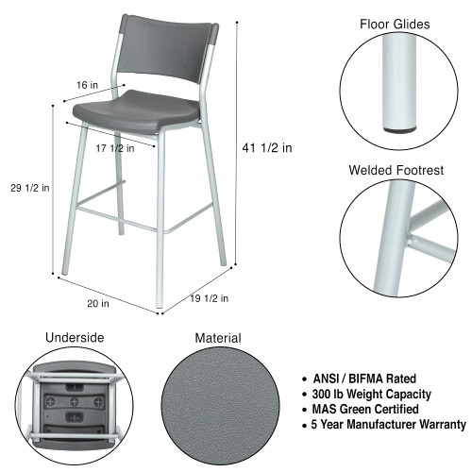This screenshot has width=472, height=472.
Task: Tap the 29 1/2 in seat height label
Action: tap(24, 187)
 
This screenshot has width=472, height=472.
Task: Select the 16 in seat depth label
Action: tap(88, 85)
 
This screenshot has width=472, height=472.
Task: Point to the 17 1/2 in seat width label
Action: tap(115, 147)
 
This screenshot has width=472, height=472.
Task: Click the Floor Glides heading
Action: tap(394, 24)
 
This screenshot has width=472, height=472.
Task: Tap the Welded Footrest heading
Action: tap(394, 170)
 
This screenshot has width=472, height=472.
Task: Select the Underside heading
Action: tap(75, 337)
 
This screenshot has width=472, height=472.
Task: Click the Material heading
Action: tap(218, 337)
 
